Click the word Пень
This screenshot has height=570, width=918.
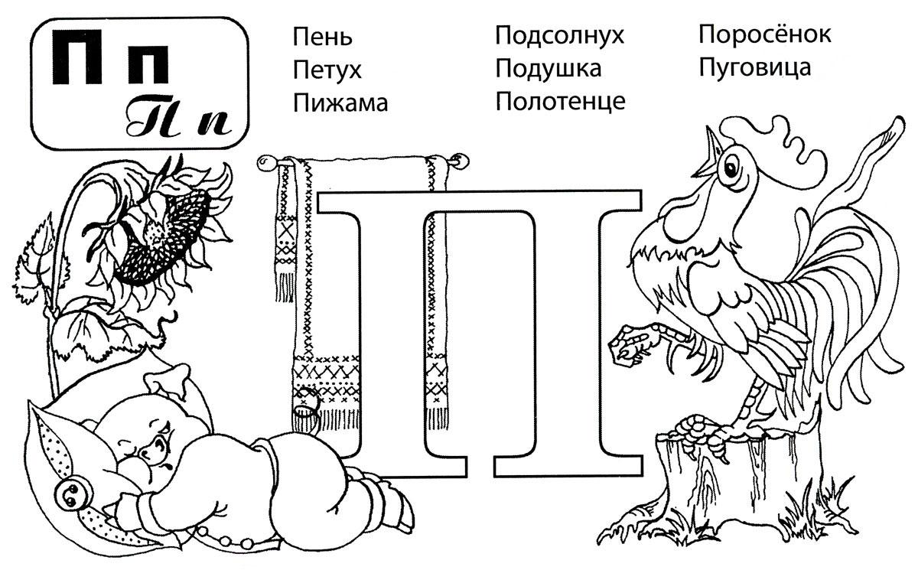tap(322, 37)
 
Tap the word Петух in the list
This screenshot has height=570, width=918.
tap(327, 70)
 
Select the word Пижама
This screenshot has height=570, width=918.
tap(340, 103)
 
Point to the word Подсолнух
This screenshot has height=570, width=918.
tap(559, 36)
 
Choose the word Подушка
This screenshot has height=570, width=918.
tap(548, 69)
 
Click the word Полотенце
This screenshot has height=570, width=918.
tap(560, 102)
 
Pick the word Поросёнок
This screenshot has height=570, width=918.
tap(765, 34)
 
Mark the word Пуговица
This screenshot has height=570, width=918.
tap(754, 67)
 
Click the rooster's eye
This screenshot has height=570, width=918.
tap(731, 168)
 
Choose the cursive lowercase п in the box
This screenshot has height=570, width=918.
tap(214, 122)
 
